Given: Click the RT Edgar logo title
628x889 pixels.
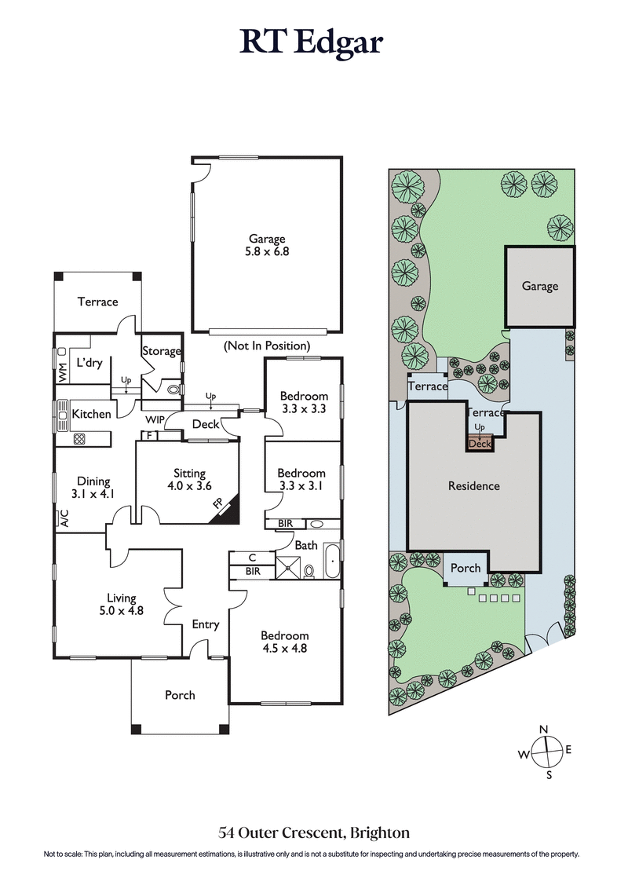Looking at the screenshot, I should point(312,42).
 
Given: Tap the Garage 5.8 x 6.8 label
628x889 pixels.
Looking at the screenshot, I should point(267,246).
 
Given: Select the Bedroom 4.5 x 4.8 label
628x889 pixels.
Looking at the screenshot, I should point(284,642).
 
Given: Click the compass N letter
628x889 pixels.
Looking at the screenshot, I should point(544,730).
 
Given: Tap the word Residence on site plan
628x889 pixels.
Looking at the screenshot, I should point(473,486).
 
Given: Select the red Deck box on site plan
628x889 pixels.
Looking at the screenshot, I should point(479,444).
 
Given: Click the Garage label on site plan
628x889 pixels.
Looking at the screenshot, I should point(540,287).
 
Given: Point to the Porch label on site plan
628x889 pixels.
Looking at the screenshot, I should point(465,568).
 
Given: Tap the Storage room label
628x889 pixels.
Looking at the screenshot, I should point(161,351).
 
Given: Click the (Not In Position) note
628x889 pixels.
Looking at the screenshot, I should point(267,346).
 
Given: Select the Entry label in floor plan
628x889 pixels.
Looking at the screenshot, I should point(206,624).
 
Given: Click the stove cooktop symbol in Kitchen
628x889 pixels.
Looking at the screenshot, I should point(79,439).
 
